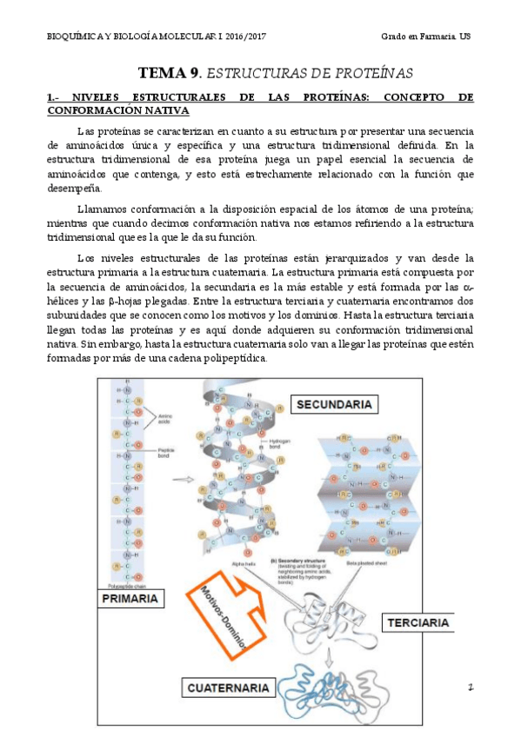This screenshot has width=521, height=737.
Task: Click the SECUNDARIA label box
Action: point(335,404)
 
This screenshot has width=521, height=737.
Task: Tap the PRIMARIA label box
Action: point(129,599)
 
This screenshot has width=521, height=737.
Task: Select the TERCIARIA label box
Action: point(418,622)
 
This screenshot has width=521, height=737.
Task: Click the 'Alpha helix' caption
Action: point(244,563)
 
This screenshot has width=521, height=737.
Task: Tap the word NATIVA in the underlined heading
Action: point(163,110)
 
